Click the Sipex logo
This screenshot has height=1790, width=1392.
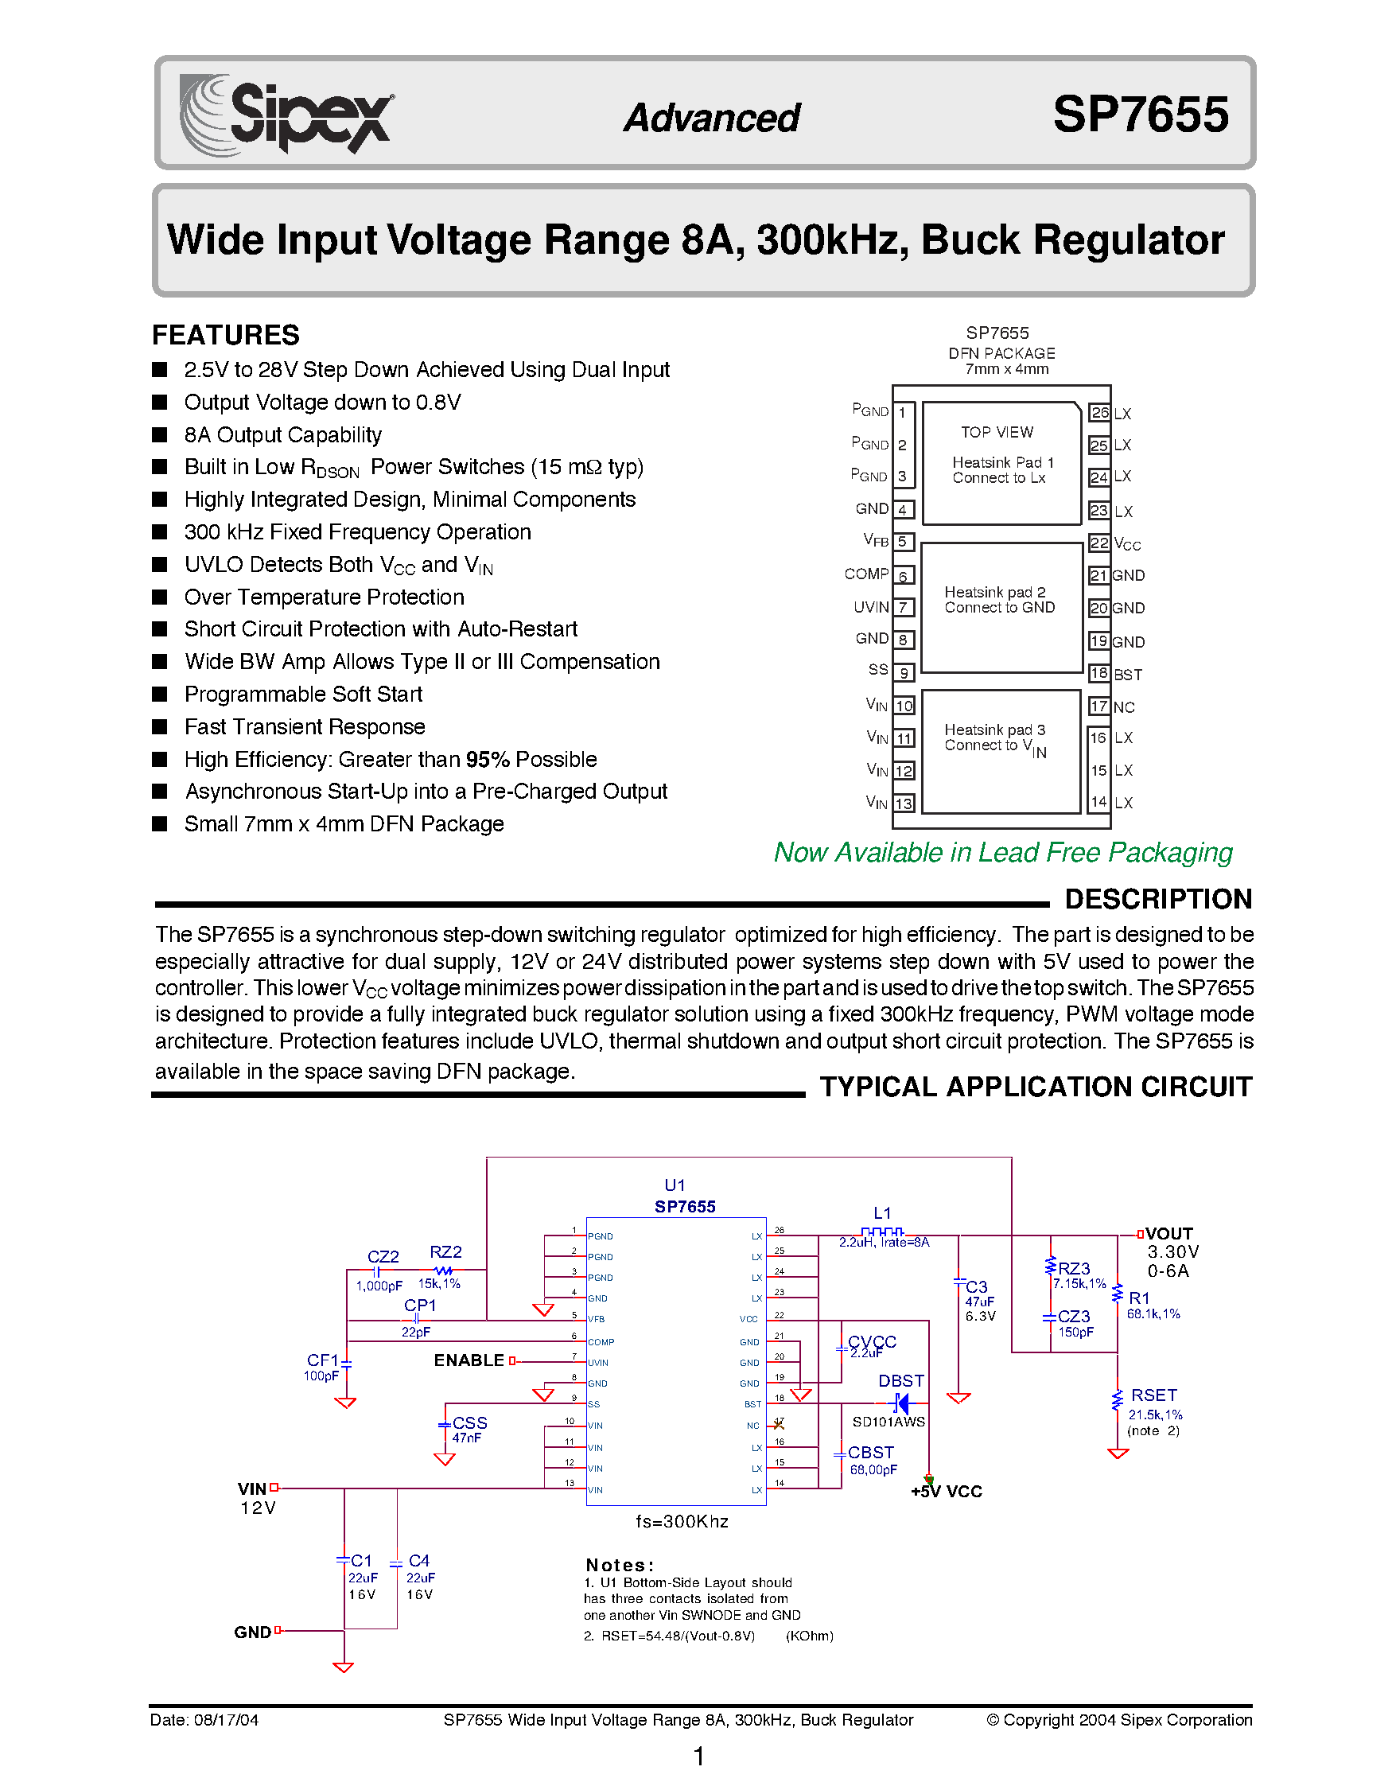[x=287, y=115]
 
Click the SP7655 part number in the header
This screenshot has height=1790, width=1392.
[x=1140, y=115]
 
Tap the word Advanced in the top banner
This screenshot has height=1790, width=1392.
[x=711, y=118]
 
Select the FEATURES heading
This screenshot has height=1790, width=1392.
[x=225, y=335]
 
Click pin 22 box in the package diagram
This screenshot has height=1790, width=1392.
[x=1098, y=543]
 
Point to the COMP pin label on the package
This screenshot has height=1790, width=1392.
[x=866, y=574]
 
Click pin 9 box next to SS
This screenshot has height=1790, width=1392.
[x=903, y=673]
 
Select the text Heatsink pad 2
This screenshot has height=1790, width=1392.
[x=994, y=592]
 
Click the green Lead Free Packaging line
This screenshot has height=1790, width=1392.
[x=1003, y=852]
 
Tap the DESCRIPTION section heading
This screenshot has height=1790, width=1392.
[x=1157, y=899]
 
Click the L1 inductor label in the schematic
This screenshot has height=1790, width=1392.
[x=881, y=1213]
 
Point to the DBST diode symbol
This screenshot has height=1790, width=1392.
[x=901, y=1404]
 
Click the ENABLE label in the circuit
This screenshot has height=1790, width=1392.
[x=469, y=1360]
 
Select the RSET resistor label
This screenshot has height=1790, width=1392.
[x=1153, y=1395]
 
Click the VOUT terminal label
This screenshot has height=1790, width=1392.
[x=1168, y=1233]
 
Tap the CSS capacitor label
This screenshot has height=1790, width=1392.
[x=469, y=1423]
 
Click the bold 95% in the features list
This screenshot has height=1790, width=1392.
[x=488, y=760]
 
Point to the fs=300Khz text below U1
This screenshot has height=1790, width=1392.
[x=682, y=1521]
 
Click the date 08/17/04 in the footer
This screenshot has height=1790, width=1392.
[x=226, y=1719]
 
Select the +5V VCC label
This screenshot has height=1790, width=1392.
[x=947, y=1492]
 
